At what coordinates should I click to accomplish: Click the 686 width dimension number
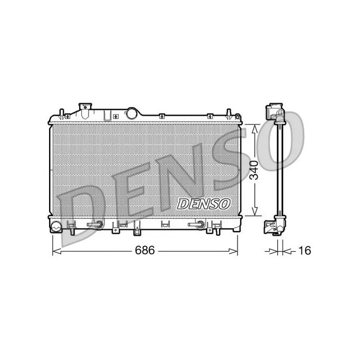click(145, 250)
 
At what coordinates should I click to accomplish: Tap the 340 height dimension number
click(254, 170)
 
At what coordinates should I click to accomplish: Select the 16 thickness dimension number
click(305, 250)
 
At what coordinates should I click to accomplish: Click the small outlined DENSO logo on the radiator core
click(204, 204)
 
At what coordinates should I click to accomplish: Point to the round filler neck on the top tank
click(131, 113)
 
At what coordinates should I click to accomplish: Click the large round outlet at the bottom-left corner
click(56, 226)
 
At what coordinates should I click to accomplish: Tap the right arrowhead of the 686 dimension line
click(233, 251)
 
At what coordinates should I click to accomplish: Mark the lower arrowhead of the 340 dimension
click(254, 211)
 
